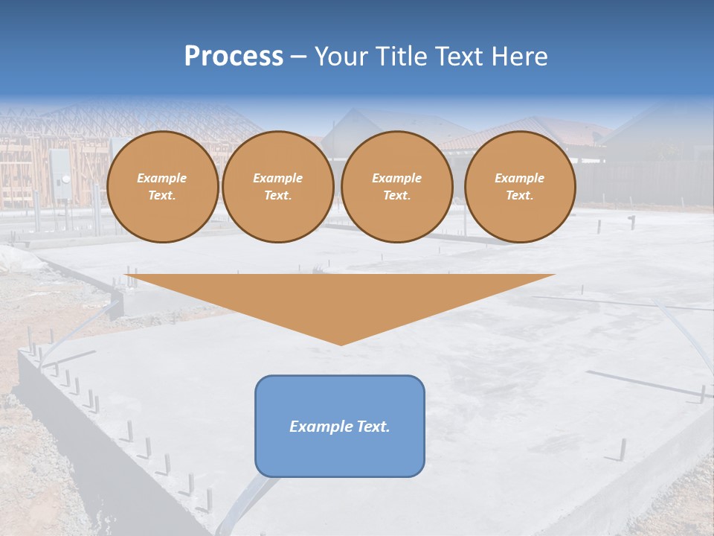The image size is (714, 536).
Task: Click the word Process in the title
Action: pyautogui.click(x=234, y=57)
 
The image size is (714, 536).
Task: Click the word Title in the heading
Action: pyautogui.click(x=398, y=57)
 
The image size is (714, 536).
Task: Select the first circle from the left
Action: pyautogui.click(x=162, y=187)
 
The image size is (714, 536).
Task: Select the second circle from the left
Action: pyautogui.click(x=278, y=187)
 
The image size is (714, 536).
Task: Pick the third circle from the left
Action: pyautogui.click(x=397, y=187)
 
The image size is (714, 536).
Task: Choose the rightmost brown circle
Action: pyautogui.click(x=520, y=187)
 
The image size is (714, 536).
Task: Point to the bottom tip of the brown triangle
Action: pyautogui.click(x=341, y=344)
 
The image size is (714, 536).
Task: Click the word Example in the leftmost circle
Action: pyautogui.click(x=162, y=179)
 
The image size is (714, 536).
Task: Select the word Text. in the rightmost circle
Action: pyautogui.click(x=520, y=196)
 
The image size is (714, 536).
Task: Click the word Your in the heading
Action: pyautogui.click(x=339, y=57)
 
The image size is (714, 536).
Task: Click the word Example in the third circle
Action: pyautogui.click(x=397, y=179)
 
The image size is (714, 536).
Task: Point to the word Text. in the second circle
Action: pyautogui.click(x=278, y=196)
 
